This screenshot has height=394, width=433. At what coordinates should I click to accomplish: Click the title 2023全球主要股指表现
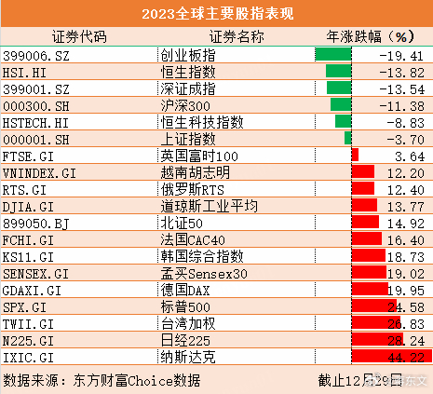pos(216,14)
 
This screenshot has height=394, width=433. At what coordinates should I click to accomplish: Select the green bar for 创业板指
pos(332,56)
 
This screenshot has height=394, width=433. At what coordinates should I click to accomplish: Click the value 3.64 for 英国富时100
pos(409,156)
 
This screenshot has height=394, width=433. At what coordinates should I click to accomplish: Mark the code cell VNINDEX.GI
pos(40,172)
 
